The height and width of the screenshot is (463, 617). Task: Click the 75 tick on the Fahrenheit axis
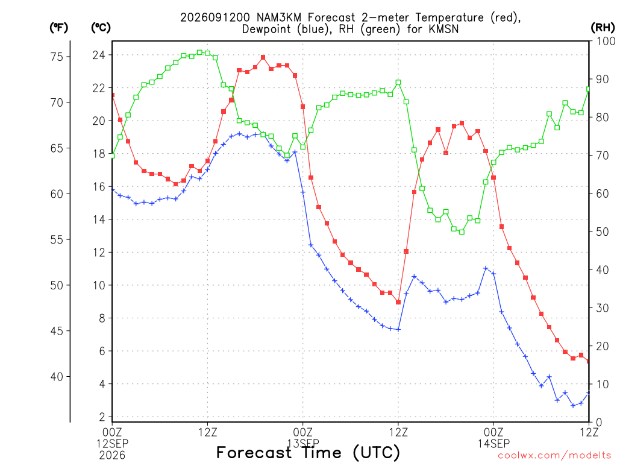click(57, 57)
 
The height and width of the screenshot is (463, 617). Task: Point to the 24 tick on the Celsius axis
click(99, 55)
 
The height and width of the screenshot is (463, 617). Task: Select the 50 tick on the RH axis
click(603, 231)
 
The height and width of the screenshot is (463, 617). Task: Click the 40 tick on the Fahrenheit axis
click(57, 377)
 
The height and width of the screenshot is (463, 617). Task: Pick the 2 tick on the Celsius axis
click(102, 417)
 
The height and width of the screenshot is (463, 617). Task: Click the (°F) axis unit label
click(58, 28)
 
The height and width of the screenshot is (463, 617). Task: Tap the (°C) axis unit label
click(101, 28)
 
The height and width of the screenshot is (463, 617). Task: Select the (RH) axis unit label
click(603, 28)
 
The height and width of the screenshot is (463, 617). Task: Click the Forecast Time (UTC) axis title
click(308, 453)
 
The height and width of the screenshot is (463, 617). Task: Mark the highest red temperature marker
click(263, 57)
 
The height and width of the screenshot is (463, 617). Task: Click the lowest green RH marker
click(462, 232)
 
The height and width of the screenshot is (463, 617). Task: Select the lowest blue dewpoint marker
click(573, 406)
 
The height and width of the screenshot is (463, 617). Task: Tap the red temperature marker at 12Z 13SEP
click(398, 303)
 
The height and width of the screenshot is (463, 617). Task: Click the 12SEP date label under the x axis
click(113, 444)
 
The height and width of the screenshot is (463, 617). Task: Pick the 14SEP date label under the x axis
click(493, 444)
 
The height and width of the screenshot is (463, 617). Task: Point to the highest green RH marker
click(200, 52)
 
